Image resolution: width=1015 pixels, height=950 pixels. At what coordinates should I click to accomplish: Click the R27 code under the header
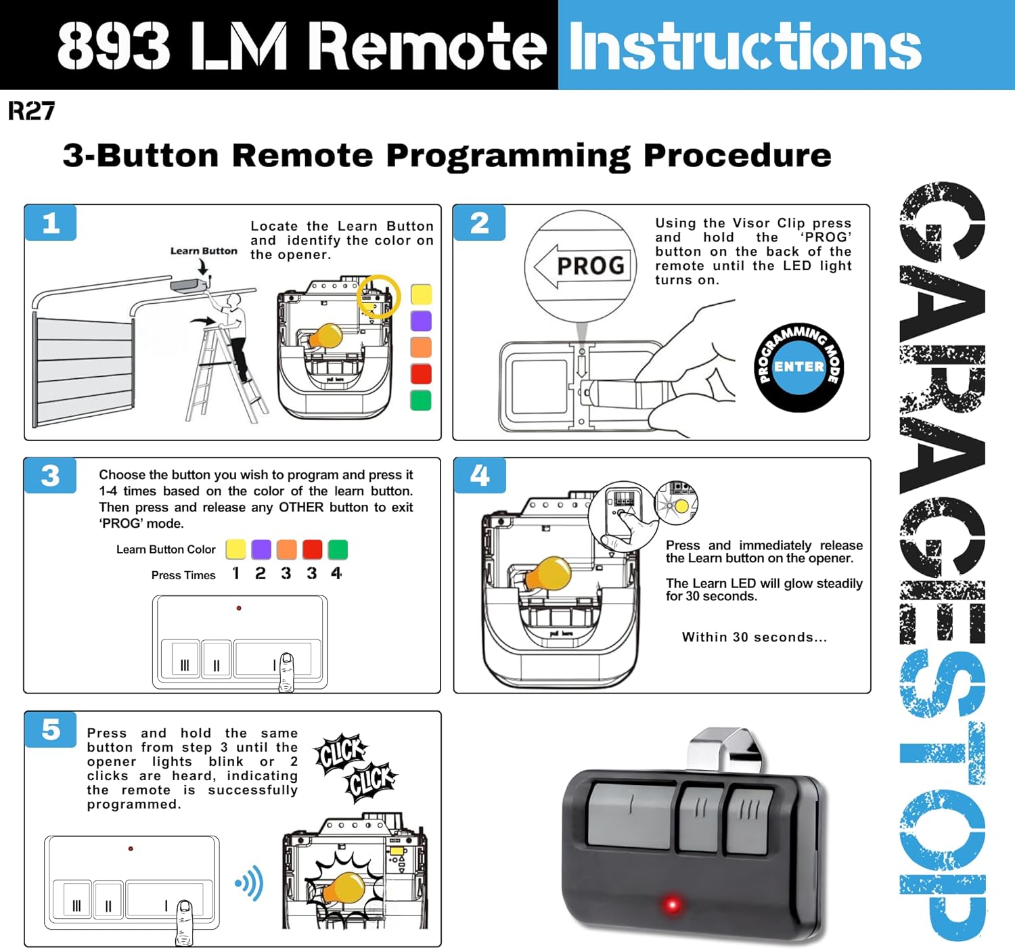click(x=31, y=110)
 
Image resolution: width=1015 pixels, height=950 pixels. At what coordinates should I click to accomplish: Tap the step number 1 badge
click(x=51, y=223)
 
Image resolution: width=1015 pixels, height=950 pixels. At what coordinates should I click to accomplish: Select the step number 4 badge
click(x=480, y=476)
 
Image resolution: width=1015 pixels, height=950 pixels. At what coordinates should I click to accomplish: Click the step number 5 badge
click(x=51, y=729)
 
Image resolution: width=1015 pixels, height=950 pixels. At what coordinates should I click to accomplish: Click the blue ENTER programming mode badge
click(x=798, y=367)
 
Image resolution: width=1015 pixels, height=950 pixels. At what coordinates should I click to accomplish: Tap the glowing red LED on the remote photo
click(x=672, y=904)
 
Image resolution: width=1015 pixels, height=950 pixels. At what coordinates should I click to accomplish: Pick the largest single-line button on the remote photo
click(x=630, y=812)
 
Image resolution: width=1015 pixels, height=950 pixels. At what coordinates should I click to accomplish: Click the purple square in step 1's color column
click(x=421, y=321)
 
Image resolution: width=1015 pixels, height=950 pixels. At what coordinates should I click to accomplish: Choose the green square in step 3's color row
click(x=338, y=549)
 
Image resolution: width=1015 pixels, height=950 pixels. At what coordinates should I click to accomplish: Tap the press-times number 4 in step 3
click(x=336, y=574)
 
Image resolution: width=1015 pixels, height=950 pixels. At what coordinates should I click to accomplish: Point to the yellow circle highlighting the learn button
click(x=378, y=297)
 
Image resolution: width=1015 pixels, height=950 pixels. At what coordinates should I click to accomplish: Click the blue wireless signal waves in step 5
click(x=250, y=883)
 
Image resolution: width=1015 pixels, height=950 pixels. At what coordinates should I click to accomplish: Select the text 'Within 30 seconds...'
click(x=754, y=637)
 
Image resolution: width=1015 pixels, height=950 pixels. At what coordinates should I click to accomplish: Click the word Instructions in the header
click(x=745, y=46)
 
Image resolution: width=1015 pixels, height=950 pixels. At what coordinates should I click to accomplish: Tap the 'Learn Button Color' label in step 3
click(x=166, y=549)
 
